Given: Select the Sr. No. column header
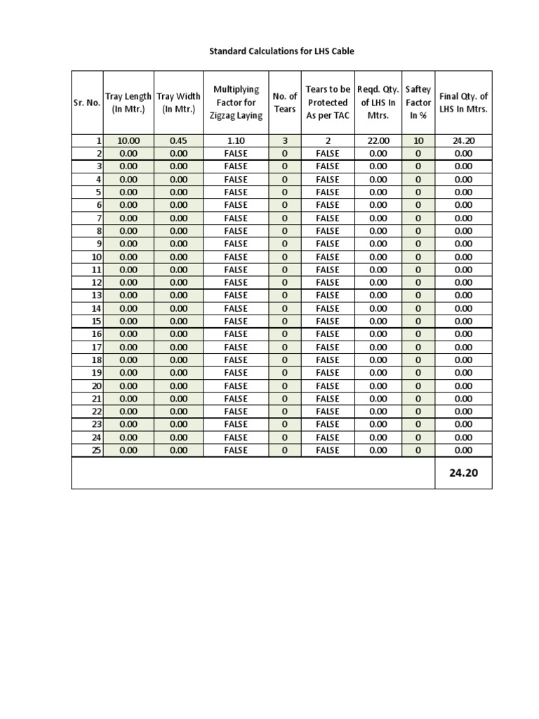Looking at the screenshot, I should (87, 103).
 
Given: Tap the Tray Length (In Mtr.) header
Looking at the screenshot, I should (128, 103).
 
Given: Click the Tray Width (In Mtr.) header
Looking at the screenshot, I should (178, 103).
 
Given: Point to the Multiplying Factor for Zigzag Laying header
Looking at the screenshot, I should (236, 103).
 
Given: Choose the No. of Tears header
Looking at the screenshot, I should (285, 103).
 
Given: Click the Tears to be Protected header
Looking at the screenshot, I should (328, 103).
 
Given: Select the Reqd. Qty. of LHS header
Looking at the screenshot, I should (378, 103).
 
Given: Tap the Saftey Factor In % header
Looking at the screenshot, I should (418, 103).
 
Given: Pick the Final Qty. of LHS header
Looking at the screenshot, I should (463, 103).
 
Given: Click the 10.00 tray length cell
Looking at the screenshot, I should (128, 140).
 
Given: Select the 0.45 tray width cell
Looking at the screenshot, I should (178, 140).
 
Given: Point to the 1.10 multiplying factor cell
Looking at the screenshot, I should (236, 140).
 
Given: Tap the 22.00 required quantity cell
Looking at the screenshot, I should (378, 140).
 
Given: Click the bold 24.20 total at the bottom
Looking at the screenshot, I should (463, 473).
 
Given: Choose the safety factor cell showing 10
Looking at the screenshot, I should (418, 140).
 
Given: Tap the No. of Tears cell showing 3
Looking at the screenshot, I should (285, 140).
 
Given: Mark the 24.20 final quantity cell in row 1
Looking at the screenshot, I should (463, 140).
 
